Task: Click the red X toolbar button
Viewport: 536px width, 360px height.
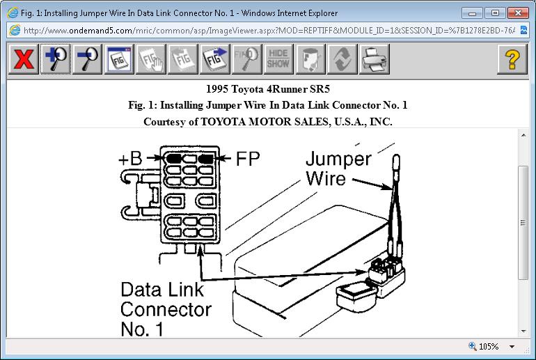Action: (x=23, y=60)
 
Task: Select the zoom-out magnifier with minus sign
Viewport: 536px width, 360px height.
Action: (x=87, y=60)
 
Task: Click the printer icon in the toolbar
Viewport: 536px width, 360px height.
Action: (x=374, y=60)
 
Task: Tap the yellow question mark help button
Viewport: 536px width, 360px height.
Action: (x=512, y=60)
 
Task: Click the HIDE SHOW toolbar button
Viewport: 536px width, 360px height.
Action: (x=278, y=60)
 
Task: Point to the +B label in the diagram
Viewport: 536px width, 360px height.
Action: (x=130, y=158)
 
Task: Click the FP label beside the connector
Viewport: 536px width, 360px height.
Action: (x=247, y=158)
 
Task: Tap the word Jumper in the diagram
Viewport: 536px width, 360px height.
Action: (x=338, y=159)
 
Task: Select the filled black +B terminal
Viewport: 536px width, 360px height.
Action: (x=173, y=159)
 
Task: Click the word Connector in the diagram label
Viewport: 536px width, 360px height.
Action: (x=166, y=308)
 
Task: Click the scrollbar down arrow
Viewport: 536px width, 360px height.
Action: (x=523, y=330)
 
